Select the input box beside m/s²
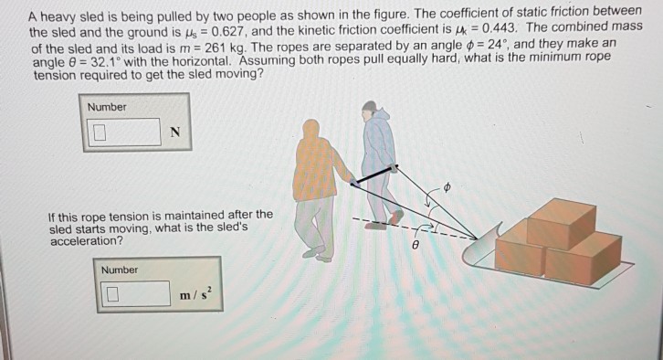coord(135,294)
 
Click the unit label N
coord(175,134)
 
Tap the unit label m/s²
coord(195,294)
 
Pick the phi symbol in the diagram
coord(448,187)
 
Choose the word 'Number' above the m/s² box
coord(120,270)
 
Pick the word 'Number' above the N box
coord(107,108)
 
